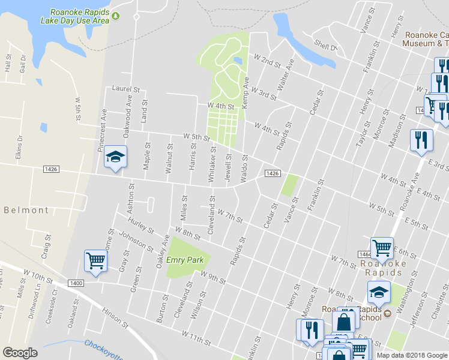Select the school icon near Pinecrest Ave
pyautogui.click(x=115, y=157)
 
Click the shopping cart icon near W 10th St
pyautogui.click(x=95, y=261)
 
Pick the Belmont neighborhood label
pyautogui.click(x=26, y=210)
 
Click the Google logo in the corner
pyautogui.click(x=20, y=353)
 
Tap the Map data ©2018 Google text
pyautogui.click(x=412, y=355)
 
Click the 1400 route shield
pyautogui.click(x=76, y=283)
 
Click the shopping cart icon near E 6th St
pyautogui.click(x=382, y=247)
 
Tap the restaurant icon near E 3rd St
pyautogui.click(x=421, y=140)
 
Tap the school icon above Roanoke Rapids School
pyautogui.click(x=379, y=292)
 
